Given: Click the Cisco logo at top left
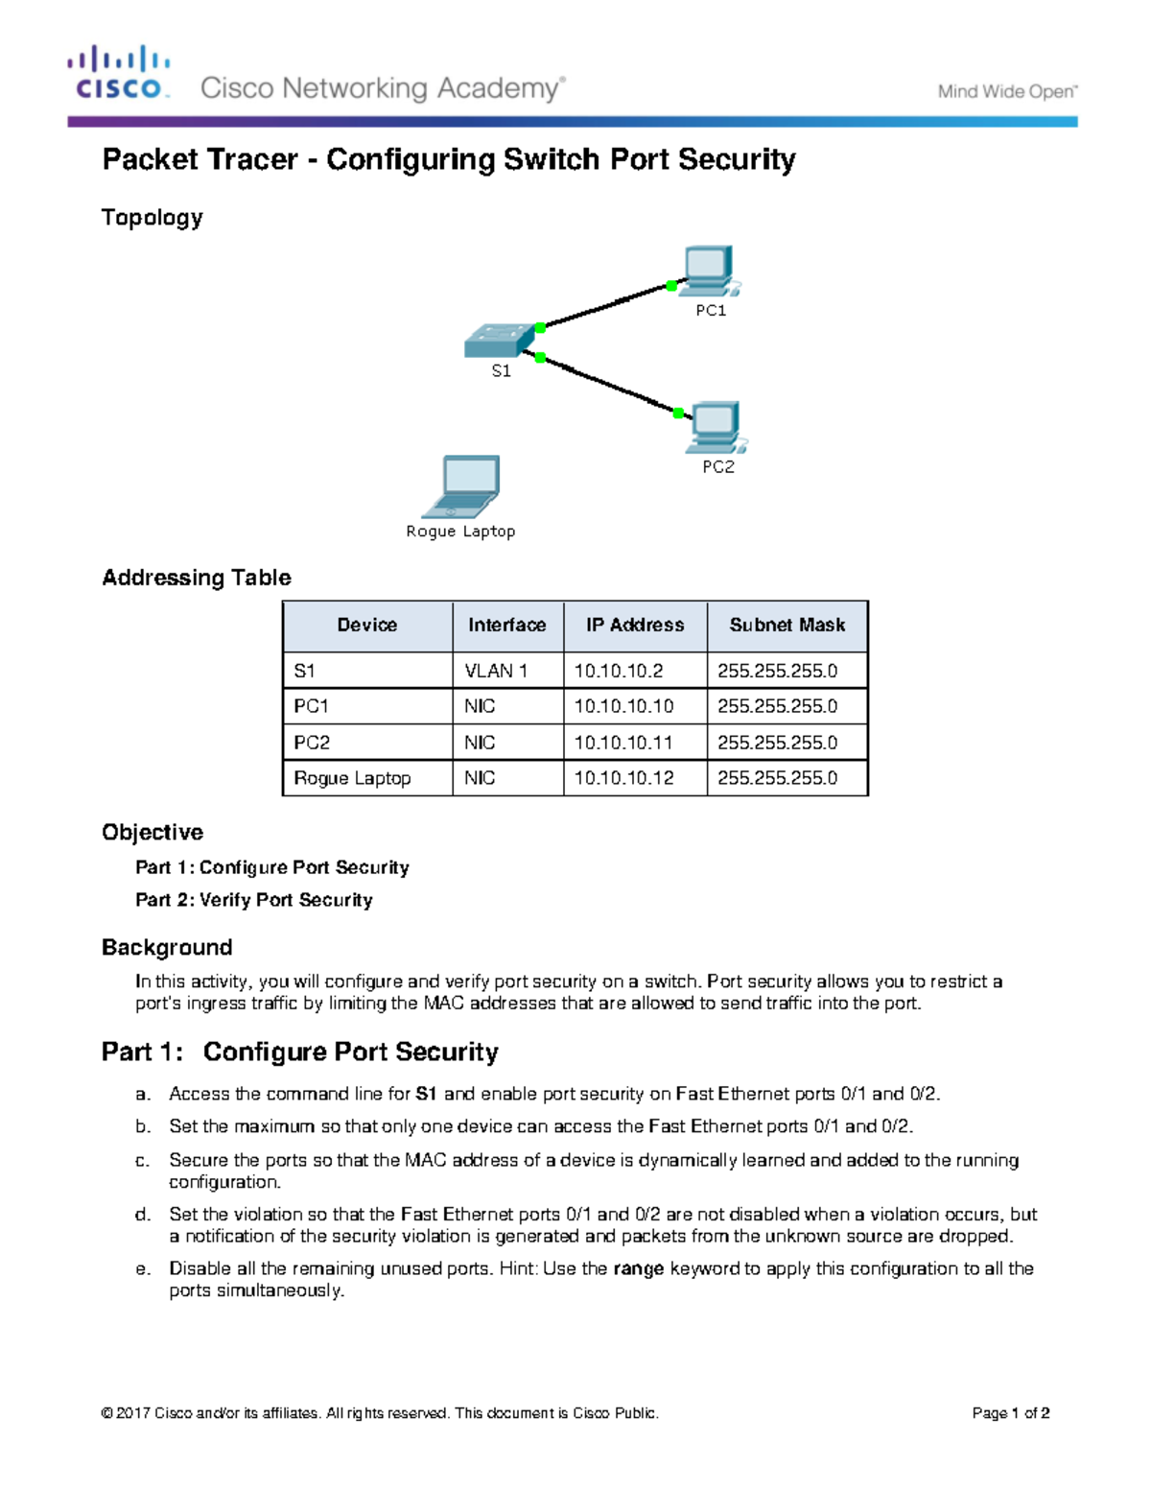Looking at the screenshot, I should click(119, 73).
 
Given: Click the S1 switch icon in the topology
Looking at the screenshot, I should click(499, 341).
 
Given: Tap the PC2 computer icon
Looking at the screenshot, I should click(716, 427).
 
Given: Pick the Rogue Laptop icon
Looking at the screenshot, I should click(463, 486).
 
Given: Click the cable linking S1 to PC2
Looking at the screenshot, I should click(609, 385).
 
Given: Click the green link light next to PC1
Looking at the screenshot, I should click(671, 286).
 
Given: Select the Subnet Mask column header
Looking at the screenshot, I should click(787, 626).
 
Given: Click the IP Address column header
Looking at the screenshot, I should click(635, 626).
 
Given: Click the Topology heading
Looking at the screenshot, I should click(153, 218).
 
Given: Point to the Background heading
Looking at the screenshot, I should click(167, 948).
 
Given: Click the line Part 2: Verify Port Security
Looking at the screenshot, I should click(253, 900).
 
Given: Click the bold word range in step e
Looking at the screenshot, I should click(638, 1268).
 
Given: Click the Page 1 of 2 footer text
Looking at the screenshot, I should click(1010, 1413).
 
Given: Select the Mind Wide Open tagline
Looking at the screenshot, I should click(1007, 92).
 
